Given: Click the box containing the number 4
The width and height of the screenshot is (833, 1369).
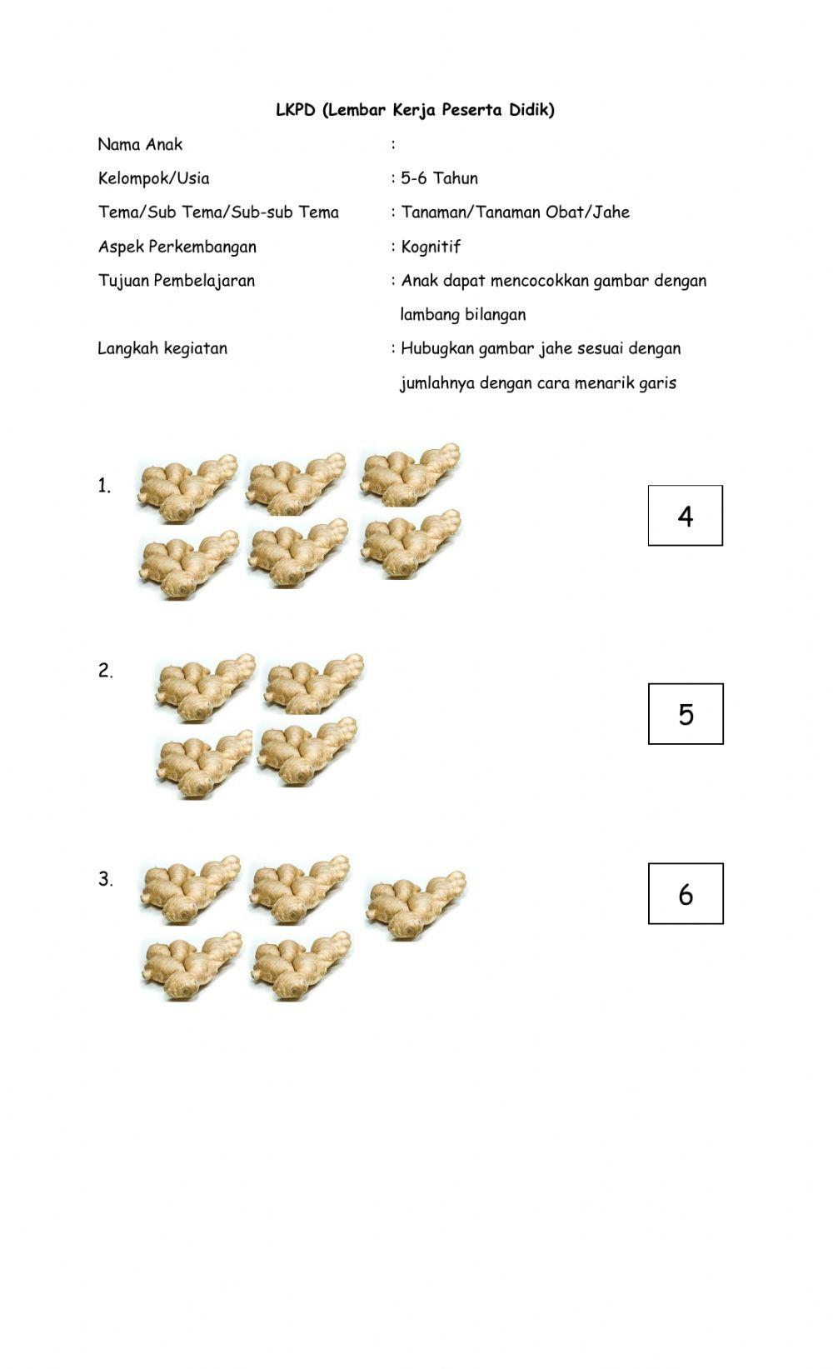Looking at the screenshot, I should tap(685, 516).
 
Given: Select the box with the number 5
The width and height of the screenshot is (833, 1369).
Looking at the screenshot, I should tap(686, 714).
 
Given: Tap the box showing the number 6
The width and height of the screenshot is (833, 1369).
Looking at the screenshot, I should tap(686, 894).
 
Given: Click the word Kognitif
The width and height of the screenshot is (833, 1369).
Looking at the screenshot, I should tap(431, 247).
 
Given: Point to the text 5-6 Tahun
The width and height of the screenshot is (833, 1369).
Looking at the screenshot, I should tap(439, 178).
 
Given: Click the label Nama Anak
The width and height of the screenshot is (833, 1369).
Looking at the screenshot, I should tap(140, 144).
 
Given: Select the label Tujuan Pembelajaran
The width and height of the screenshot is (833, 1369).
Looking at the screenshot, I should tap(177, 281).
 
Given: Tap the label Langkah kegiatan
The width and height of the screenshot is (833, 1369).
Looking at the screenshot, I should tap(162, 348).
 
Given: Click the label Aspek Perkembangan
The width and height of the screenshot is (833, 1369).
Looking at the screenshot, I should tap(177, 247).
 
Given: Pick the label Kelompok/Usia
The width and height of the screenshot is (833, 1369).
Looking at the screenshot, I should tap(154, 178).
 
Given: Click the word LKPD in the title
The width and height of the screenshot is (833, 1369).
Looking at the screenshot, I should tap(296, 110).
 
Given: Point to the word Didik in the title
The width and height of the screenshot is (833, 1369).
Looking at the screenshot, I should tap(531, 110).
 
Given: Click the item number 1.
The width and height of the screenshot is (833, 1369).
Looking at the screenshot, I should tap(104, 487).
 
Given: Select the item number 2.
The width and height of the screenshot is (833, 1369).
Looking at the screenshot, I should tap(105, 671).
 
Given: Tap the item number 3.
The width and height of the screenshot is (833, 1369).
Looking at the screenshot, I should tap(105, 879).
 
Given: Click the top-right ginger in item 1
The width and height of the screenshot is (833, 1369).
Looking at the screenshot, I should tap(409, 474).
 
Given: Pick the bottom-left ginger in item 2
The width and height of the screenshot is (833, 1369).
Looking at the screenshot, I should tap(203, 764).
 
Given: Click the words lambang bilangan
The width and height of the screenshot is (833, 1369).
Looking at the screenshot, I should tap(463, 315).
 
